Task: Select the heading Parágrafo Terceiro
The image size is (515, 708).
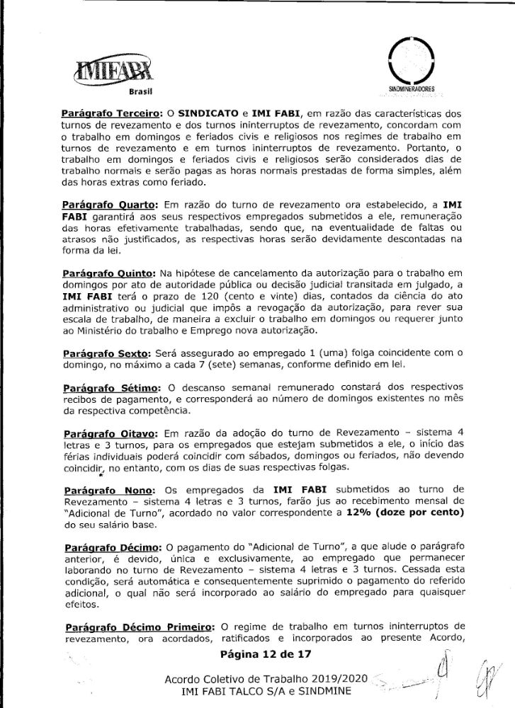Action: [x=103, y=113]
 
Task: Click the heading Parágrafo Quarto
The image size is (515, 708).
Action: [x=99, y=203]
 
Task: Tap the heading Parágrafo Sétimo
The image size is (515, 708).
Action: [x=98, y=387]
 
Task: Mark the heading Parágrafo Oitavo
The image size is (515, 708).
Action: [x=98, y=433]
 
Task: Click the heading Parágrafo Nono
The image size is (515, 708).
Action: [x=94, y=489]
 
